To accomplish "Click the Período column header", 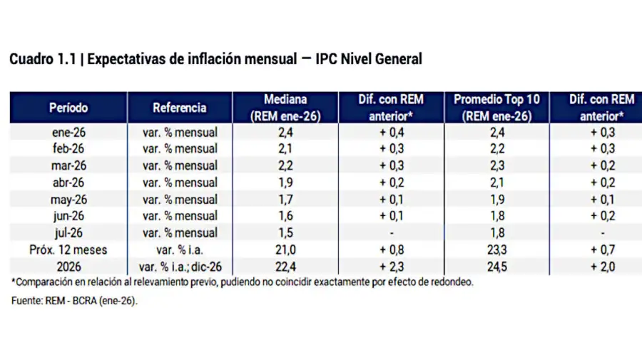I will (x=68, y=108).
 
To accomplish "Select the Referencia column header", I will (x=180, y=108).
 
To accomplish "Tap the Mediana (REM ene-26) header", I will (x=285, y=108).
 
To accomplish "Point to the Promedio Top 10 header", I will (x=498, y=108).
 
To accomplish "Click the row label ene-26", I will (x=68, y=132).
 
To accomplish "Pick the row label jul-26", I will (x=68, y=232).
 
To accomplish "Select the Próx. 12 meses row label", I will (x=68, y=250).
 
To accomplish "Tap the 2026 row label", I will (x=68, y=267).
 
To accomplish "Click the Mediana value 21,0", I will (x=285, y=250).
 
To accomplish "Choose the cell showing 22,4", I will (x=285, y=267).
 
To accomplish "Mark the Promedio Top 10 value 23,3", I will (x=498, y=250).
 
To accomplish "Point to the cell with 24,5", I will (x=498, y=267).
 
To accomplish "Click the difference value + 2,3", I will (x=392, y=267).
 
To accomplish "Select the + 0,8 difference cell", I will (x=392, y=250).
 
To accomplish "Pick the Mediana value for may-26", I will (x=285, y=199).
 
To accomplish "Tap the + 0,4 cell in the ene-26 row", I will (x=392, y=132).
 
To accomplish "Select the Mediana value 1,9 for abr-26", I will (x=285, y=182).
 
